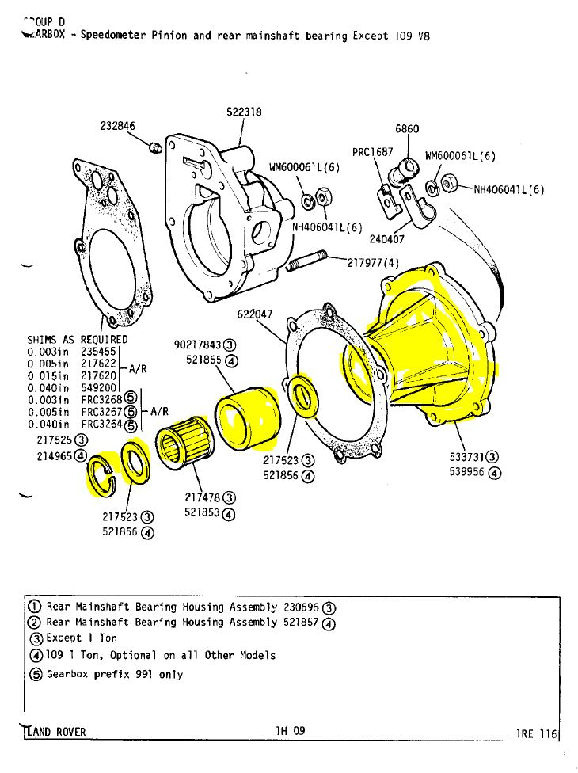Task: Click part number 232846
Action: point(118,125)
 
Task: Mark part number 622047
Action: point(256,314)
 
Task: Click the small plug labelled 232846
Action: point(155,148)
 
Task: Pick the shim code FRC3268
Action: point(101,400)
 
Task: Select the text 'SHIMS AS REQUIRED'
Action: point(78,340)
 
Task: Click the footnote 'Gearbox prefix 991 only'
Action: point(115,674)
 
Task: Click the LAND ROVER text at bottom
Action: point(55,731)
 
